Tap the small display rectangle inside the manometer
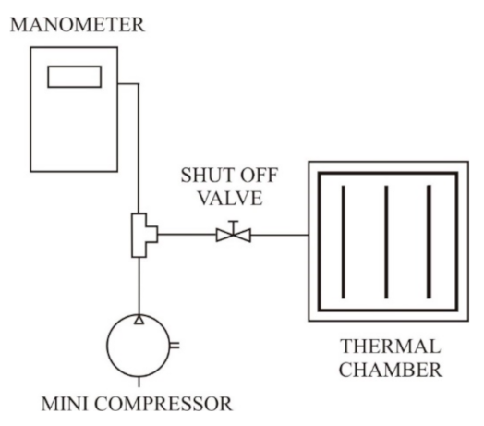pos(73,75)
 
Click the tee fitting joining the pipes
pos(143,235)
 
